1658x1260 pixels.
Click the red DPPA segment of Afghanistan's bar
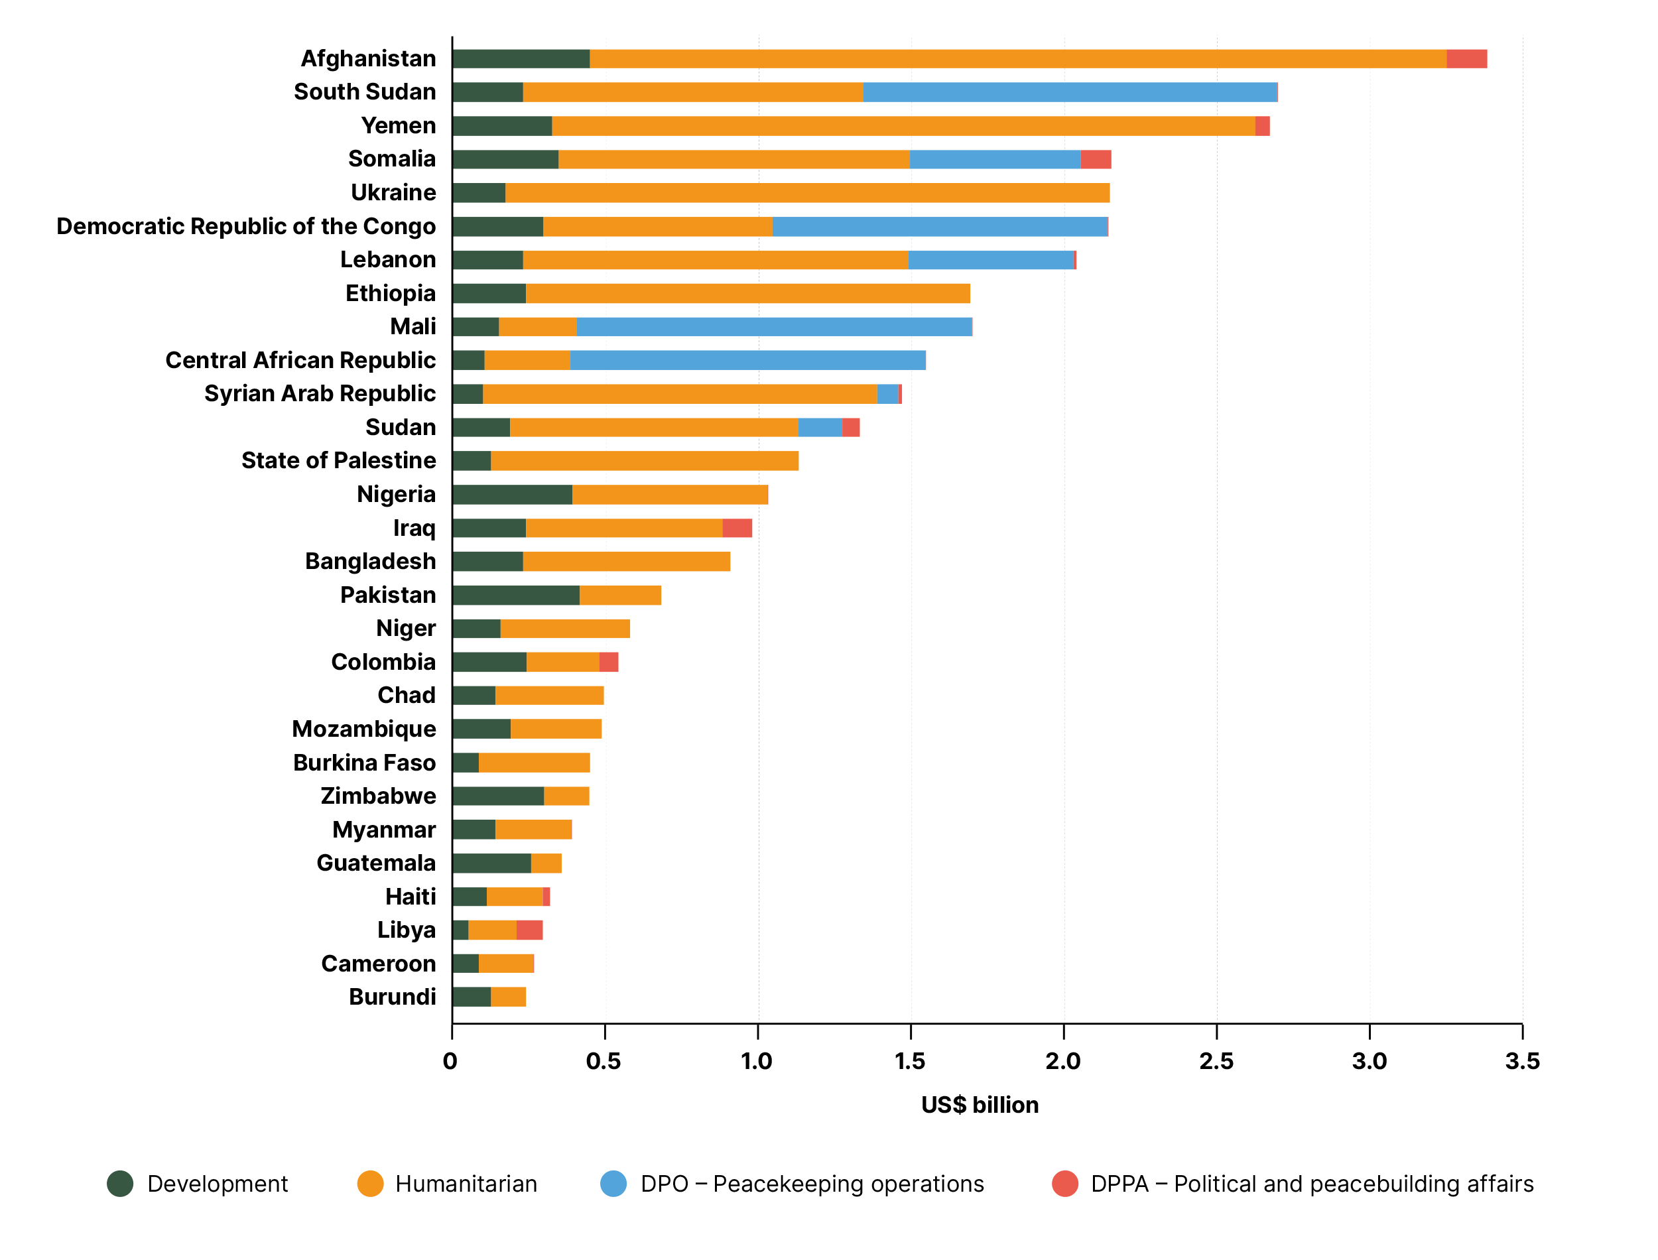tap(1466, 58)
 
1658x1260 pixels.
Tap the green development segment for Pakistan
tap(516, 596)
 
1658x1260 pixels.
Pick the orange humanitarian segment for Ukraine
tap(807, 193)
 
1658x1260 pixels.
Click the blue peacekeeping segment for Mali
tap(774, 327)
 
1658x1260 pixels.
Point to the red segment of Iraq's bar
tap(737, 528)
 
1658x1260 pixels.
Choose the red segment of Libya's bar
tap(529, 930)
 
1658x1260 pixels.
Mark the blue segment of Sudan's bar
tap(820, 428)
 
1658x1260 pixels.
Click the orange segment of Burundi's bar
tap(509, 997)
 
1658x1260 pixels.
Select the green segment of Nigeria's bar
tap(512, 495)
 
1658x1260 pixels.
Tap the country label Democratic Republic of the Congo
tap(246, 227)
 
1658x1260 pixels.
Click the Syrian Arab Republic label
tap(320, 394)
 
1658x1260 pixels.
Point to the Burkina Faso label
tap(365, 763)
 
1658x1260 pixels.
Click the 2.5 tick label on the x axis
tap(1216, 1061)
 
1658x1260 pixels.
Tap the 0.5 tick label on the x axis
tap(604, 1061)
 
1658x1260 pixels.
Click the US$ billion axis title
tap(980, 1105)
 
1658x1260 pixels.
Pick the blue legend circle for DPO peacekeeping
tap(613, 1184)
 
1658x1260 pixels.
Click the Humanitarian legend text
tap(466, 1184)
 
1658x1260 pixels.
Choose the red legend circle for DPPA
tap(1065, 1184)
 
